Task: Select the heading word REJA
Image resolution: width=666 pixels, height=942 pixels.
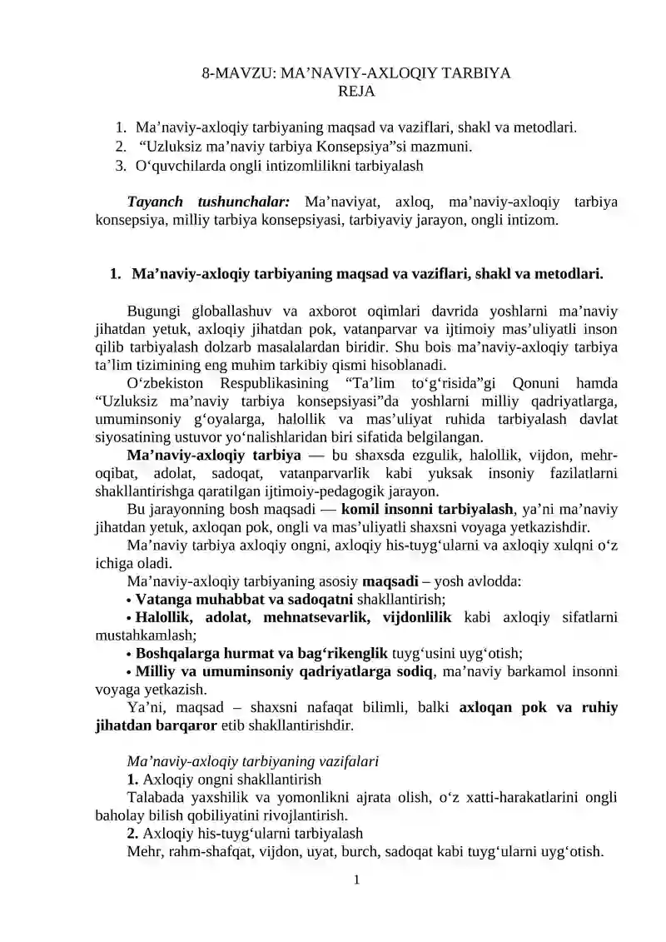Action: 356,91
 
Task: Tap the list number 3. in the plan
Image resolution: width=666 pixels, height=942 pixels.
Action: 121,165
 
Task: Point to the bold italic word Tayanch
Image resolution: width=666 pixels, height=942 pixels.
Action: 156,202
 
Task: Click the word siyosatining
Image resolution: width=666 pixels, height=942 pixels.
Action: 132,437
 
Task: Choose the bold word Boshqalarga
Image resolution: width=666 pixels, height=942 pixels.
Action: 174,654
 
